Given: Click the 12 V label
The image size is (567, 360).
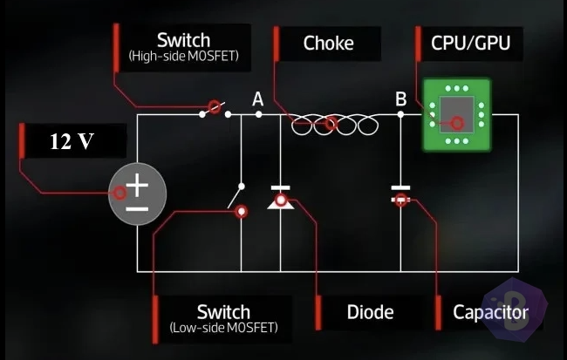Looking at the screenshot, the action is point(72,141).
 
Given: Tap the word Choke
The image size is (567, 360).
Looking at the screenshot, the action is point(328,43).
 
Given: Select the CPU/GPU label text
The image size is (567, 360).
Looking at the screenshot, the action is point(470,43).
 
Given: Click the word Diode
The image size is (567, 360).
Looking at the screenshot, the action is point(370,312).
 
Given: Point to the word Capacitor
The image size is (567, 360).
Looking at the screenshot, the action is point(491,312).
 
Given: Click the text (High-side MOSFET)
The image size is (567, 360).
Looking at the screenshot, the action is point(184,56).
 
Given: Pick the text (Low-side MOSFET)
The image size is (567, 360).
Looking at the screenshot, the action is point(224,328).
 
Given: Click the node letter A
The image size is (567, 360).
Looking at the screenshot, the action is point(258,98).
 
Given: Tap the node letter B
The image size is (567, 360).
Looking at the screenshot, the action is point(400,98).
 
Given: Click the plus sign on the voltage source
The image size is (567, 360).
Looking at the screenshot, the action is point(137,185).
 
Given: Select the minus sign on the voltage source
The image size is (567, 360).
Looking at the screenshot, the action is point(137,209).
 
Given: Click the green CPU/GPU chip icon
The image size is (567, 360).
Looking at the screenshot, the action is point(457,114).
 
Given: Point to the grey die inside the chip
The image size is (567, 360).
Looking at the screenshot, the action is point(457,114).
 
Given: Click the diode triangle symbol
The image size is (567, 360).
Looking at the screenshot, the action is point(281,203).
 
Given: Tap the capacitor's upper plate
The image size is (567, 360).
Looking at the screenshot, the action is point(400,188).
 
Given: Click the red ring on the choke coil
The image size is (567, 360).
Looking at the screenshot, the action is point(331,124).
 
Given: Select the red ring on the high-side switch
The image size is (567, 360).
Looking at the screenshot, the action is point(215,107).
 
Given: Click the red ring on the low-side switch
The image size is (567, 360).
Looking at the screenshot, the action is point(241,212).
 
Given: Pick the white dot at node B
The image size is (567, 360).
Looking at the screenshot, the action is point(400,114).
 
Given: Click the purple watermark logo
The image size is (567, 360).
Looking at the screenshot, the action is point(516,310).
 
